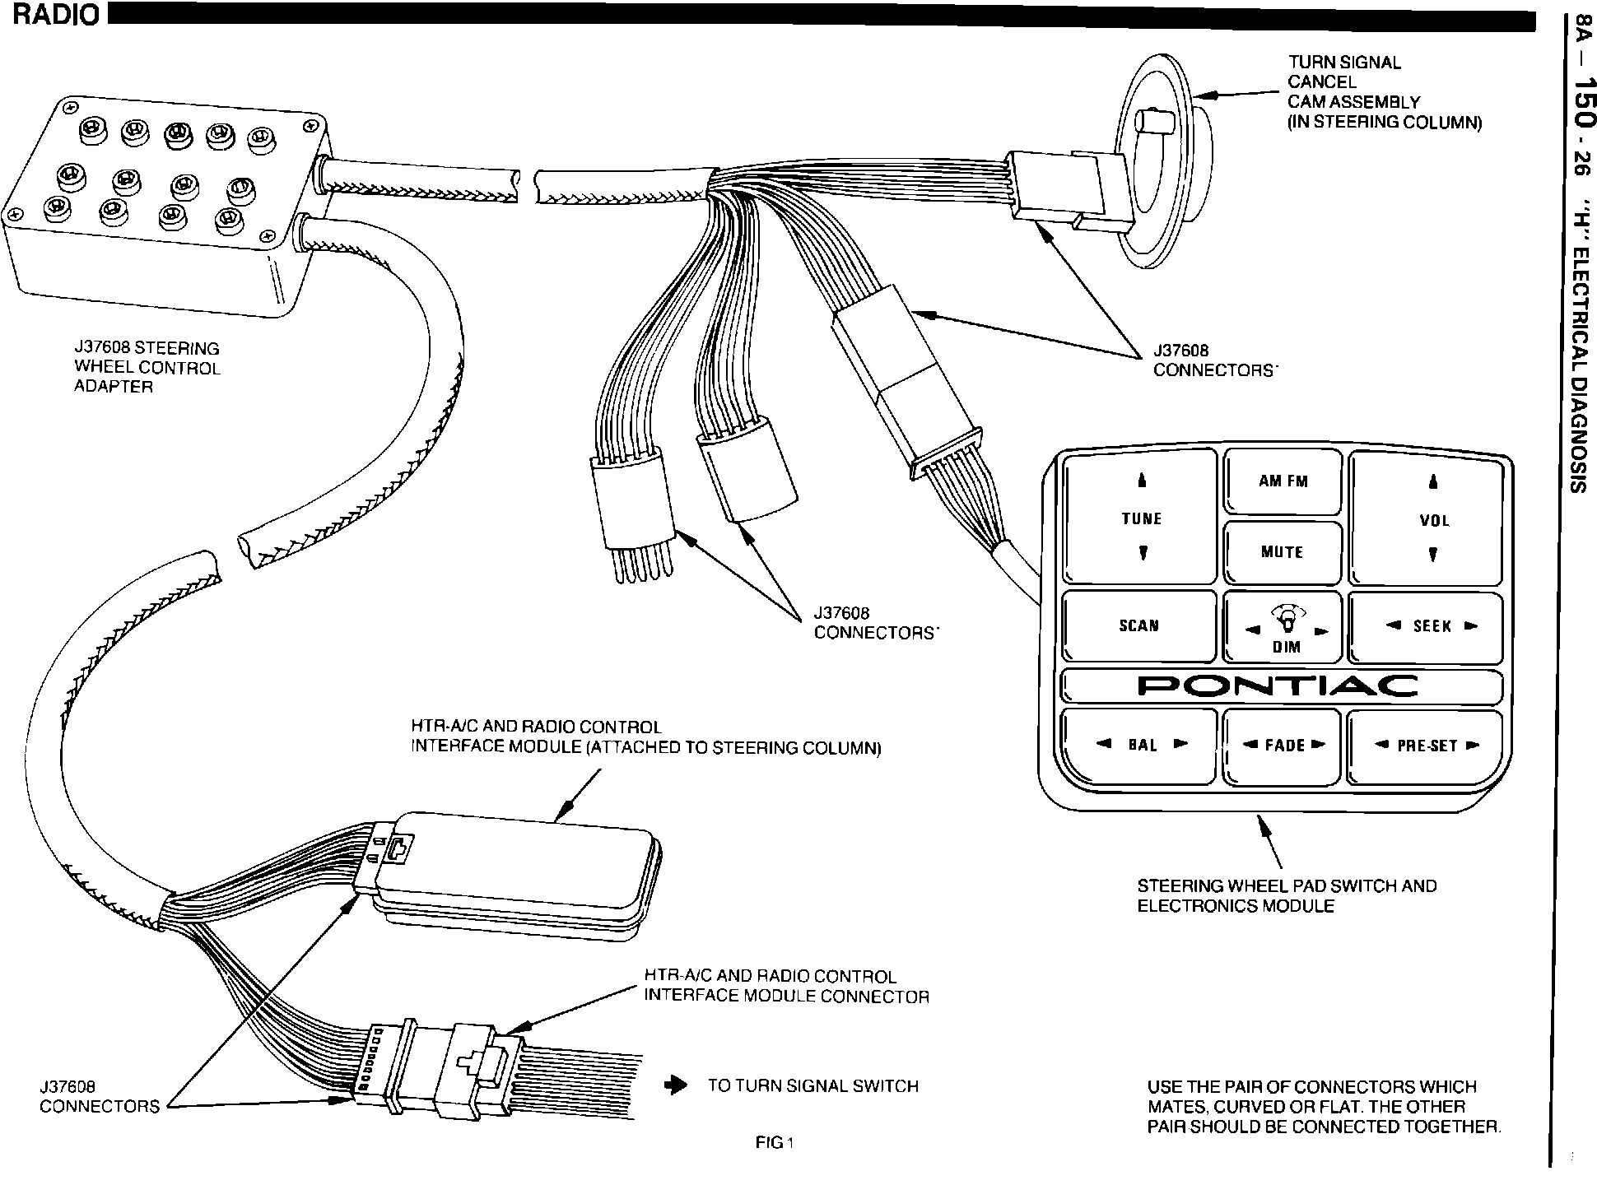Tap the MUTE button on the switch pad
tap(1282, 552)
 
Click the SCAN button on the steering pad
tap(1138, 625)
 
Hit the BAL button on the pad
tap(1142, 745)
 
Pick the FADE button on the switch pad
tap(1284, 746)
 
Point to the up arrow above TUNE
tap(1142, 481)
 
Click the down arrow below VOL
tap(1433, 555)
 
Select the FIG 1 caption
tap(774, 1142)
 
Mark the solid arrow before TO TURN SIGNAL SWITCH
tap(676, 1085)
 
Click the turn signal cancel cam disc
tap(1152, 165)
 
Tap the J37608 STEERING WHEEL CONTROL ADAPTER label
tap(147, 367)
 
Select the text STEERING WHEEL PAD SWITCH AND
tap(1287, 886)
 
